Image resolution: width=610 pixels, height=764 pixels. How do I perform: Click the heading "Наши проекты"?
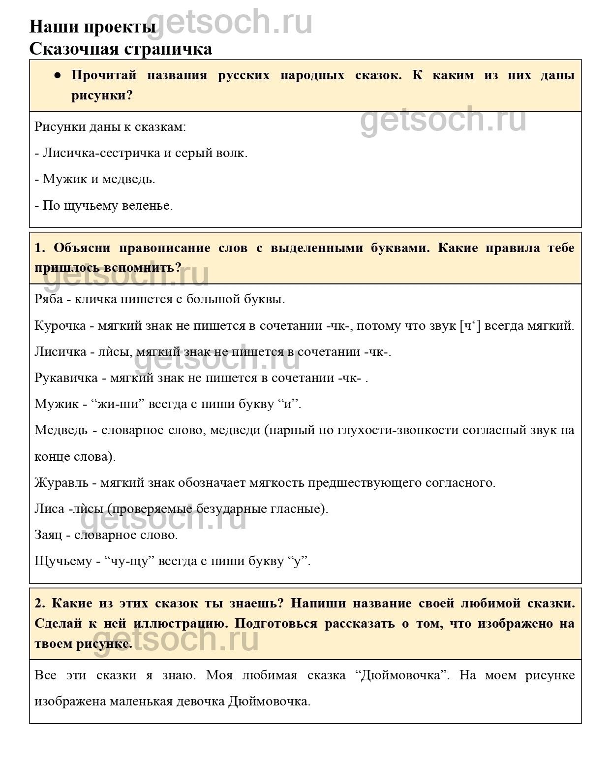pos(93,26)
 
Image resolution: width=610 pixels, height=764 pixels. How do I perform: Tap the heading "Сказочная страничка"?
pos(121,49)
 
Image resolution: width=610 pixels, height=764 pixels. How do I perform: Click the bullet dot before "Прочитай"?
pos(58,76)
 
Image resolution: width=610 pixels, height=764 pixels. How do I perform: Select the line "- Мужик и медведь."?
pos(95,179)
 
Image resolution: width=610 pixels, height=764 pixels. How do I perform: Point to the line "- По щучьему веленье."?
pos(104,205)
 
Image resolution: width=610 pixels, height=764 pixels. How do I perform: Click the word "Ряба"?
pos(49,299)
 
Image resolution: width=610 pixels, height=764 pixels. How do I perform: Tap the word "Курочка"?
pos(59,325)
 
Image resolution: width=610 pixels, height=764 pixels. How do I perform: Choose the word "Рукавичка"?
pos(66,378)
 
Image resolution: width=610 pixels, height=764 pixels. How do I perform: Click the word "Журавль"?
pos(61,482)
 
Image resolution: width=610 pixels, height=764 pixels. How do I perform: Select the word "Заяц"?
pos(48,535)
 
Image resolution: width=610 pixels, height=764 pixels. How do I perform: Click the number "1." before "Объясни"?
pos(40,248)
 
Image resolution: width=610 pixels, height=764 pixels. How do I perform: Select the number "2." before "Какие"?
pos(40,603)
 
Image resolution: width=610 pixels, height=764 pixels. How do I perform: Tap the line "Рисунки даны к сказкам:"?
pos(110,127)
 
